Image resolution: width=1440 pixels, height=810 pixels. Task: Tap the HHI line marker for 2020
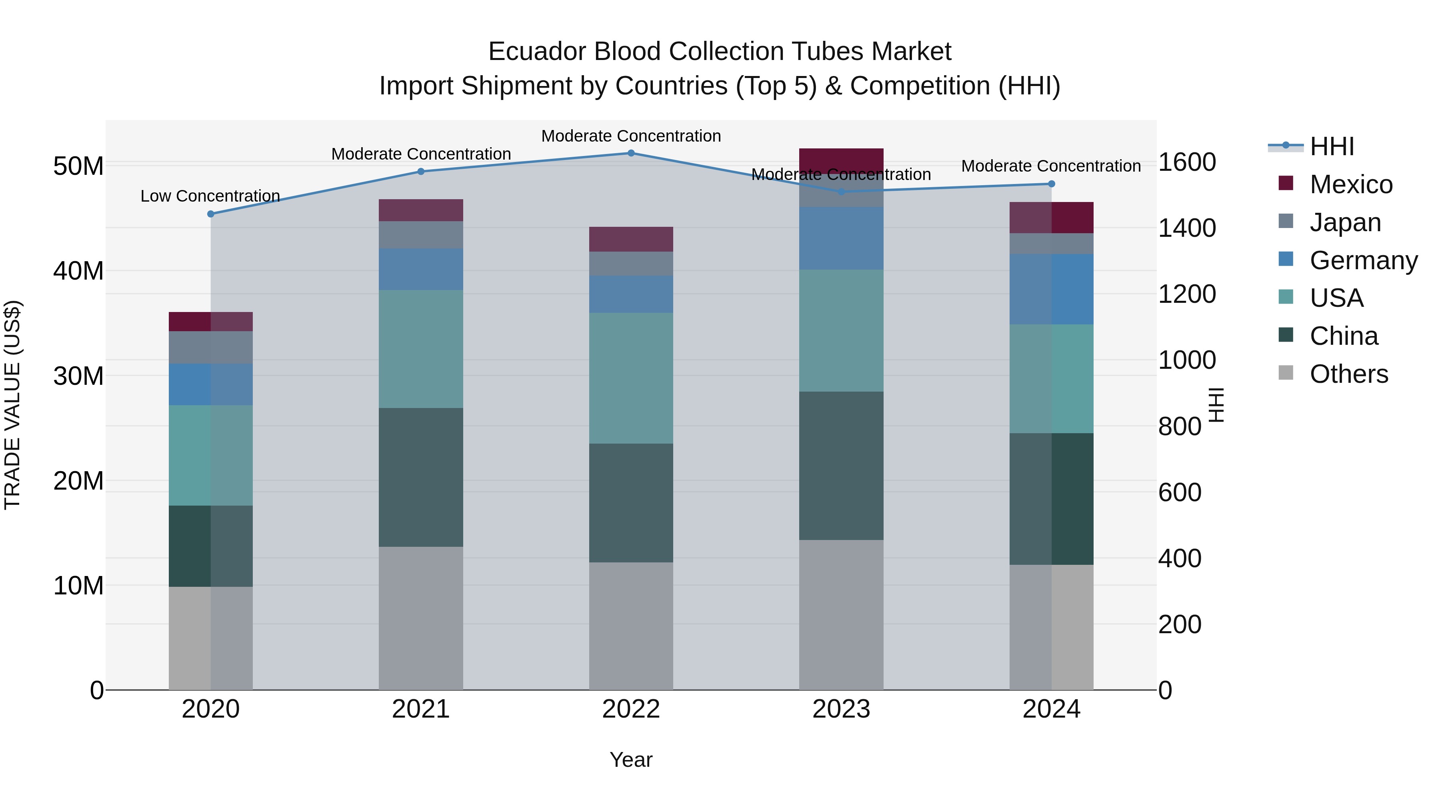pos(211,214)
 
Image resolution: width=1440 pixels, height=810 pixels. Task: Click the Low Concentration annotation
pos(210,196)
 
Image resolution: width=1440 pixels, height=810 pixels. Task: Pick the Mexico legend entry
pos(1350,184)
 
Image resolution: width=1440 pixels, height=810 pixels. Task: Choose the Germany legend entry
pos(1363,260)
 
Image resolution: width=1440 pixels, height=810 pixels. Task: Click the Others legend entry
pos(1348,374)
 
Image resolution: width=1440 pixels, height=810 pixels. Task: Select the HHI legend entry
pos(1332,146)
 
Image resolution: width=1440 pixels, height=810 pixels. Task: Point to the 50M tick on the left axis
pos(78,166)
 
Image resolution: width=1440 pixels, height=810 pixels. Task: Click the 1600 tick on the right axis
pos(1187,163)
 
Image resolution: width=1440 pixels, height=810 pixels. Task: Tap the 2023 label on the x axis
pos(841,709)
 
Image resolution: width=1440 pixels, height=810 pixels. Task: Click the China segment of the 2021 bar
pos(421,477)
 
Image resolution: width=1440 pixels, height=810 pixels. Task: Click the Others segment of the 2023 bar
pos(841,614)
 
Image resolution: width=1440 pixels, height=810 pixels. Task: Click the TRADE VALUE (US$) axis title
pos(12,405)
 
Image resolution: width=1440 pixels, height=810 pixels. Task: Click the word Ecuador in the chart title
pos(537,52)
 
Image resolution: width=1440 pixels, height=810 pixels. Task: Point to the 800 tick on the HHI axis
pos(1180,426)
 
